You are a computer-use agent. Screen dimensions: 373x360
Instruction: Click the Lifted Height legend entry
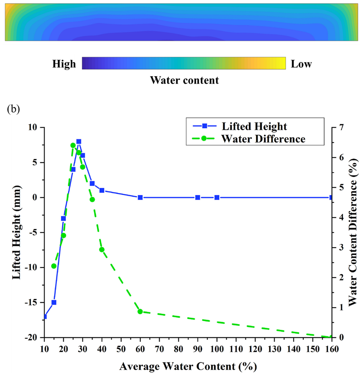tap(254, 126)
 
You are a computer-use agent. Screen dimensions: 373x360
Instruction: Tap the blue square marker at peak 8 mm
tap(79, 142)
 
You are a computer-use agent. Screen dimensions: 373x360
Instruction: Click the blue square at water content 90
tap(197, 197)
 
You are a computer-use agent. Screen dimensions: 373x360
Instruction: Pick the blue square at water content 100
tap(217, 197)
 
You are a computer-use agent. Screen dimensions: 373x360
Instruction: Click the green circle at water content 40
tap(102, 250)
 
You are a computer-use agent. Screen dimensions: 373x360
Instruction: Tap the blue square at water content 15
tap(54, 302)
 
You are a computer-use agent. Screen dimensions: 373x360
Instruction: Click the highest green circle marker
tap(73, 145)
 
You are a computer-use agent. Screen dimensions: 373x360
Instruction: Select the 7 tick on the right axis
tap(341, 127)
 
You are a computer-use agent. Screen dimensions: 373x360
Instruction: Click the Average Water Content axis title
tap(187, 366)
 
